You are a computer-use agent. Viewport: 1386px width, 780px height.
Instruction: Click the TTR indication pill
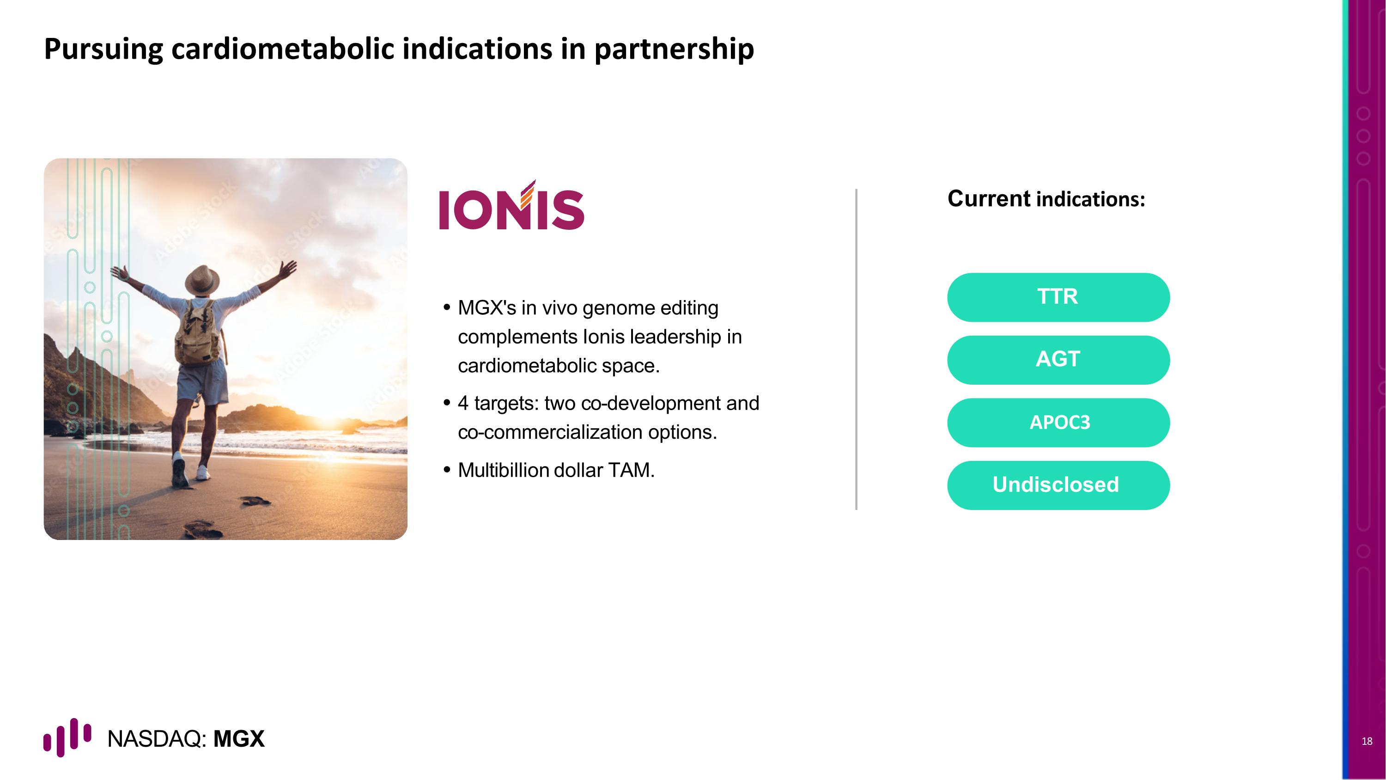(x=1058, y=297)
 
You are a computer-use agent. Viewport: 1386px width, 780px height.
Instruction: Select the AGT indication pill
(x=1058, y=360)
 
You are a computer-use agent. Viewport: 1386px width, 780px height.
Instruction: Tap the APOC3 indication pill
(x=1058, y=423)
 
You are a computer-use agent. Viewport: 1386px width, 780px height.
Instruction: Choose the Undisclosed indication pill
(x=1058, y=485)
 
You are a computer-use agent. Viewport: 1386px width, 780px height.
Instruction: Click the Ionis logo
(x=511, y=207)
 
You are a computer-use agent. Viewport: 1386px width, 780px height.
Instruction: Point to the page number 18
(x=1367, y=741)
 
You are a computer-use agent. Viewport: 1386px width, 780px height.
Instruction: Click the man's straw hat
(x=202, y=279)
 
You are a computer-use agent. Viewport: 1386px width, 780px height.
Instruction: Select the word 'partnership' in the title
(x=674, y=49)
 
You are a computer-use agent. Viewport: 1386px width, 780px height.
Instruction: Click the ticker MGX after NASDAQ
(x=239, y=739)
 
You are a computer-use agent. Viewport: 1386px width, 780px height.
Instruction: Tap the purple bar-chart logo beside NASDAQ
(x=67, y=737)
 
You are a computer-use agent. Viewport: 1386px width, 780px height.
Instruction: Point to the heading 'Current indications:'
(x=1046, y=199)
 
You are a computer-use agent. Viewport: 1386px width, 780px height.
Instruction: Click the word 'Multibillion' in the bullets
(x=503, y=471)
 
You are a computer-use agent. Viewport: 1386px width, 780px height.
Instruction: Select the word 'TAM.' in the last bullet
(x=631, y=471)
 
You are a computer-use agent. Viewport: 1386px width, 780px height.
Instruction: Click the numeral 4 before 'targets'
(x=463, y=403)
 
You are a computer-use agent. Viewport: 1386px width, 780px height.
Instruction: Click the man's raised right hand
(x=290, y=267)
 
